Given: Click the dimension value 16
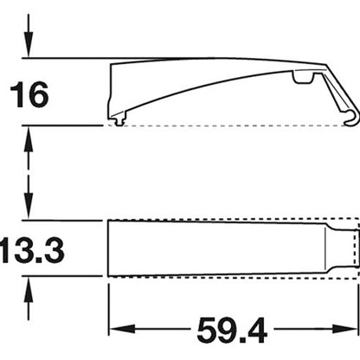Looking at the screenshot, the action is [29, 94].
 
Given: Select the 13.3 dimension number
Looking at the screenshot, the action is [32, 250].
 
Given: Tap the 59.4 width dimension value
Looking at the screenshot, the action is [232, 330].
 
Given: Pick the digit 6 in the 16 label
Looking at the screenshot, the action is [38, 94].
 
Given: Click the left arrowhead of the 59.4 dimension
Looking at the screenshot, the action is [122, 329].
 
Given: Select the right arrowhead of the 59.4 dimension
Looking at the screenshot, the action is [345, 329].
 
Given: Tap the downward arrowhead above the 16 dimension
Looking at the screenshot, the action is [29, 45].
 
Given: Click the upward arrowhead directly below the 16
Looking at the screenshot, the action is [29, 138].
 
